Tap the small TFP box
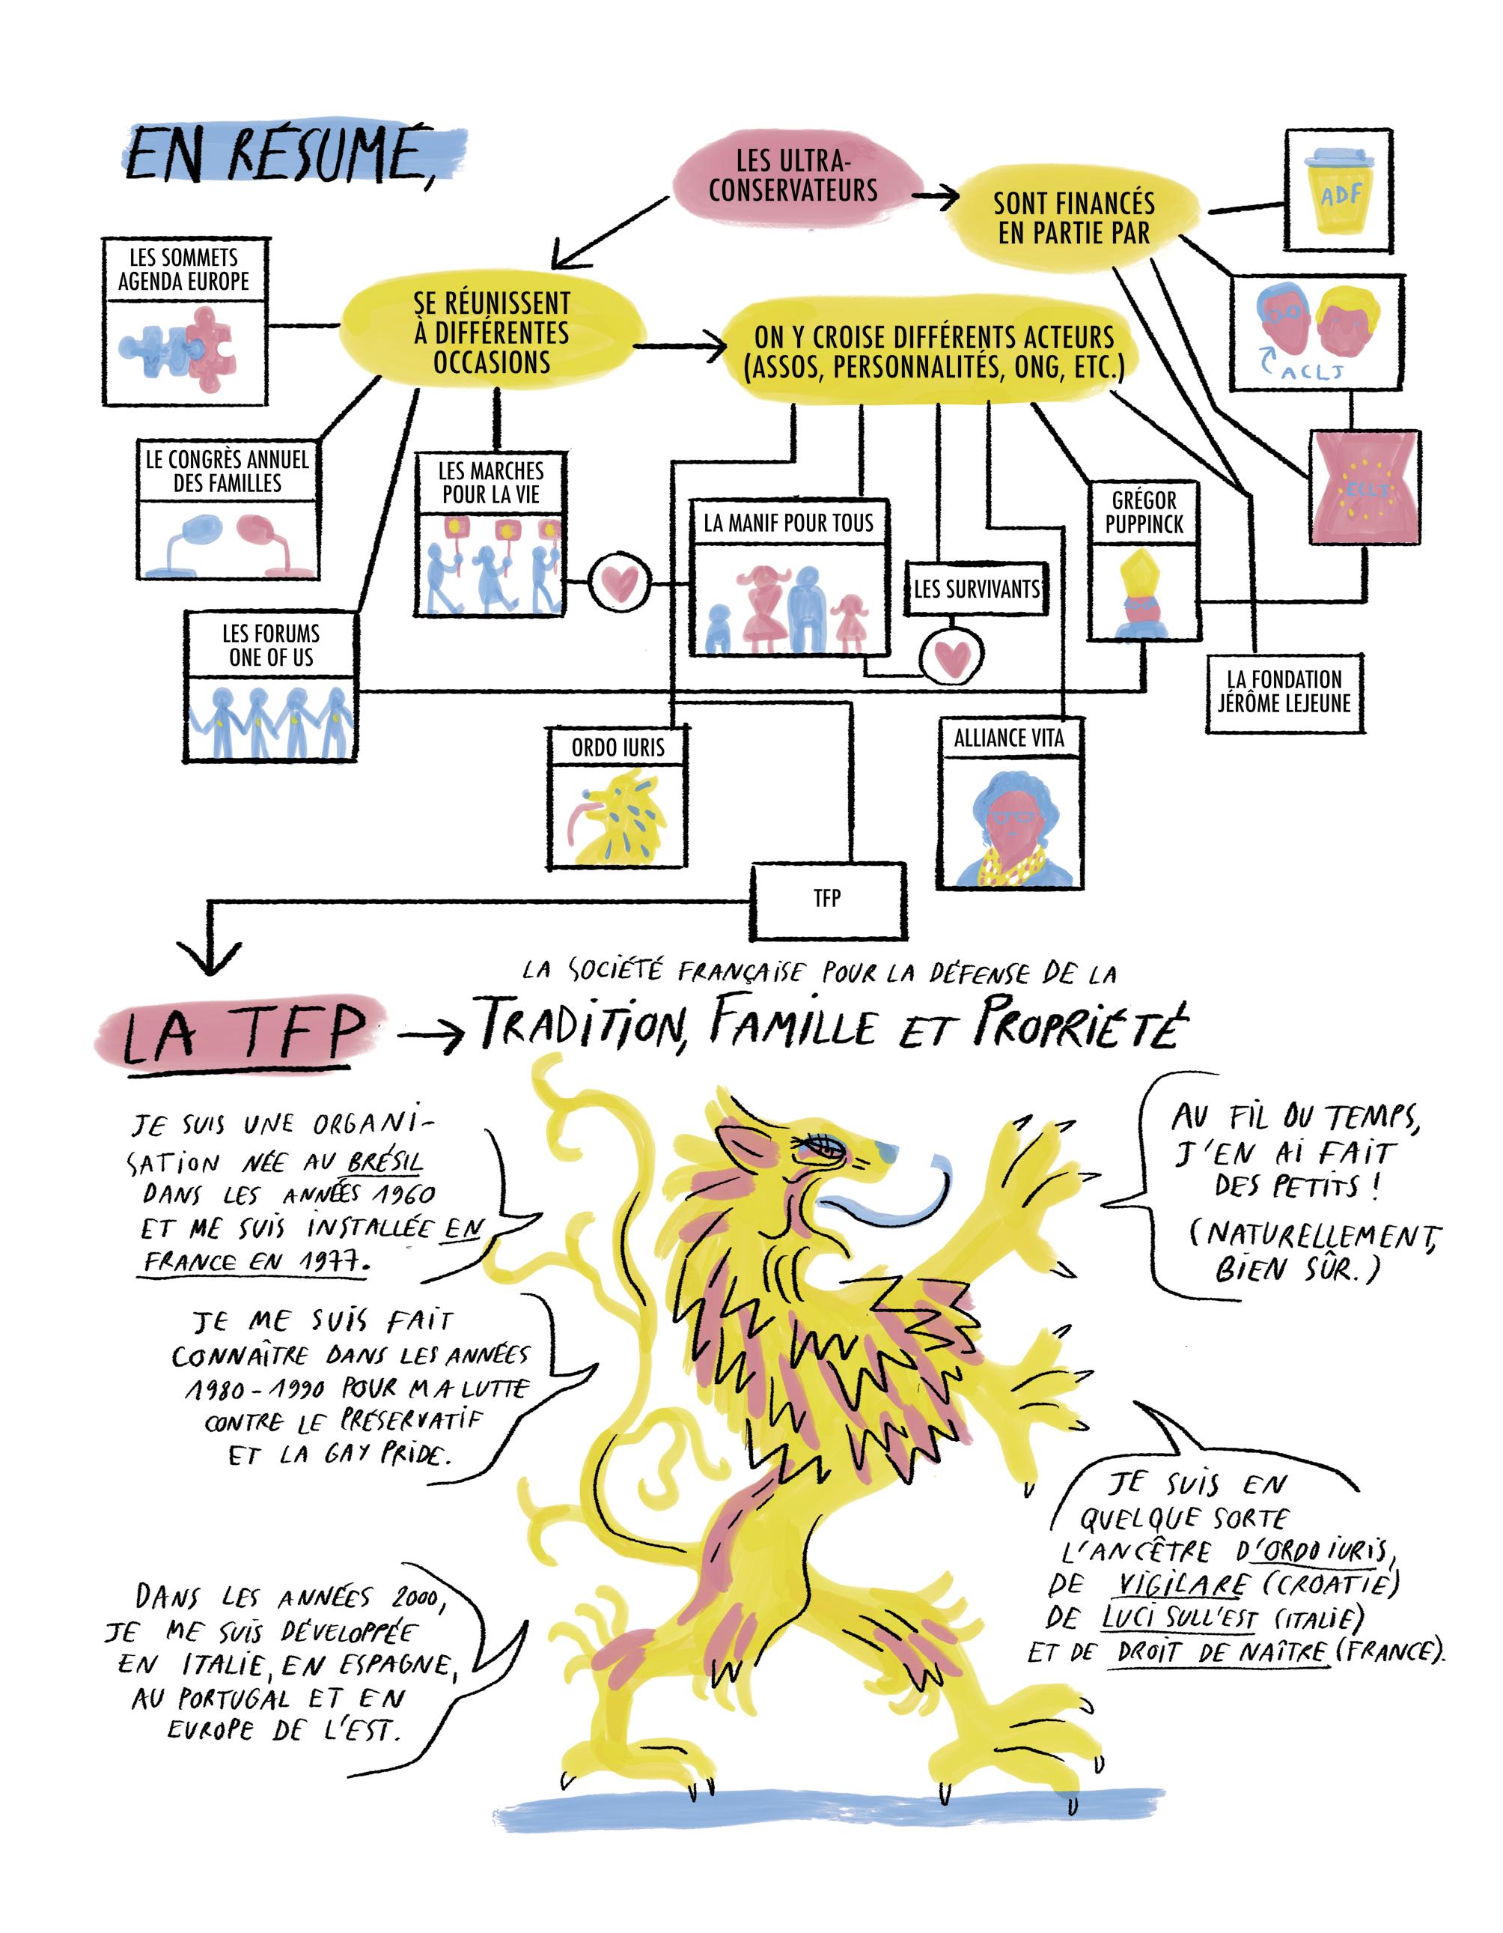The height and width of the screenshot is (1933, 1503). click(828, 899)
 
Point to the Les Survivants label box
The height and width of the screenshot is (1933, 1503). click(976, 589)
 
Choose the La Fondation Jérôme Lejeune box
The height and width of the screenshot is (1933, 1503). click(1284, 692)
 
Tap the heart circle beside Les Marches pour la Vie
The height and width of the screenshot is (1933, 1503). click(618, 583)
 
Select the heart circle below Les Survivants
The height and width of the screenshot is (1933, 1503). click(951, 656)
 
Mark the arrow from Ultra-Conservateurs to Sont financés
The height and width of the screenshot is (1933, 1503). click(936, 195)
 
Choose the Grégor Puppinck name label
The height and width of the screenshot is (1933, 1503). click(1144, 512)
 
